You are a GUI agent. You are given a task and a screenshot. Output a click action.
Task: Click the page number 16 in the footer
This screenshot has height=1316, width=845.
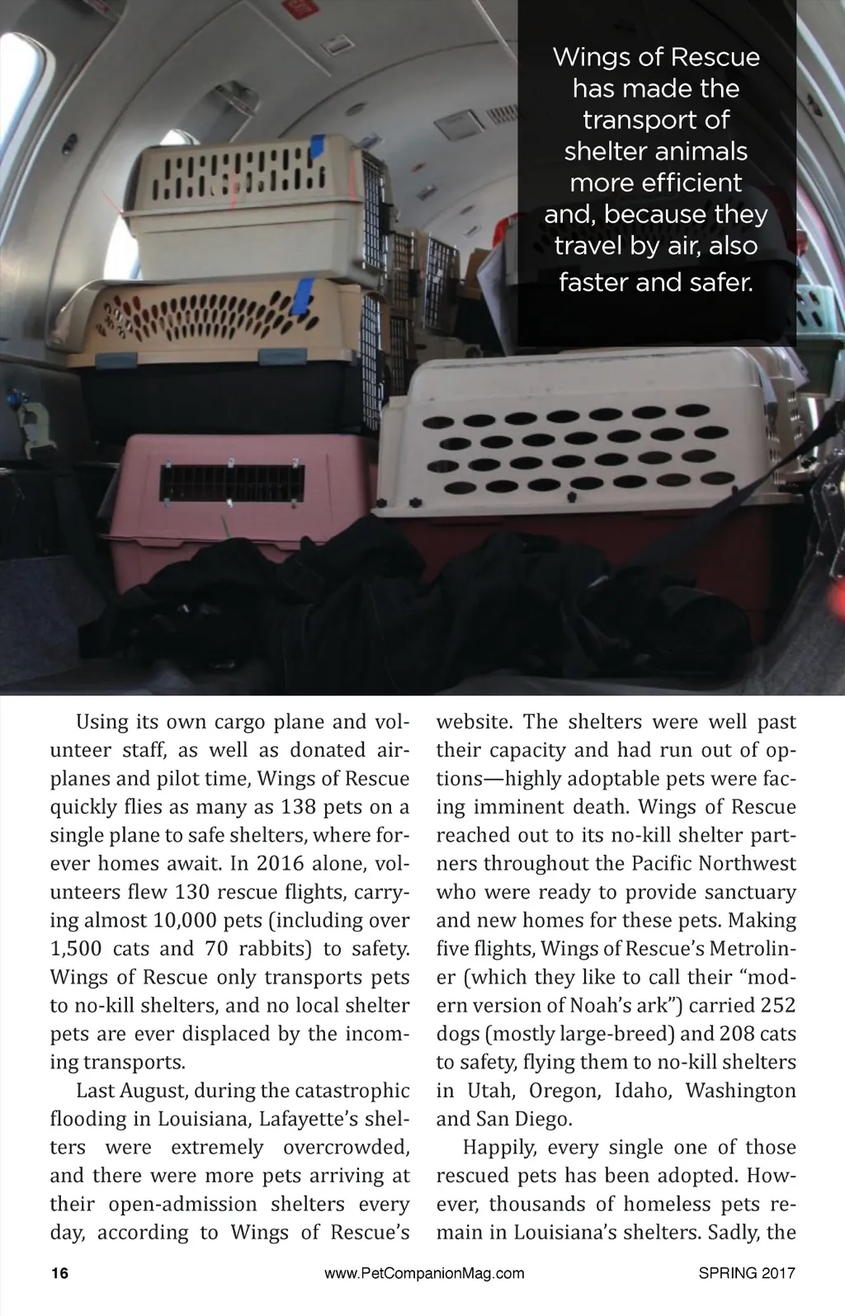pos(60,1272)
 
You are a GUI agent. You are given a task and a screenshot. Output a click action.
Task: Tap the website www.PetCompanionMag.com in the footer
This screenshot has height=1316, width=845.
pos(424,1272)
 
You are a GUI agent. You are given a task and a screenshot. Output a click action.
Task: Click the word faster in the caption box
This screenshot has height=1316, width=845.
pos(599,282)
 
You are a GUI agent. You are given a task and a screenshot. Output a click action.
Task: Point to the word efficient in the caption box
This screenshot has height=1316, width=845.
pos(656,182)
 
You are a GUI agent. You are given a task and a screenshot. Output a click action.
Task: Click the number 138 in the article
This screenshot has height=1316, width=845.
pos(299,806)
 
